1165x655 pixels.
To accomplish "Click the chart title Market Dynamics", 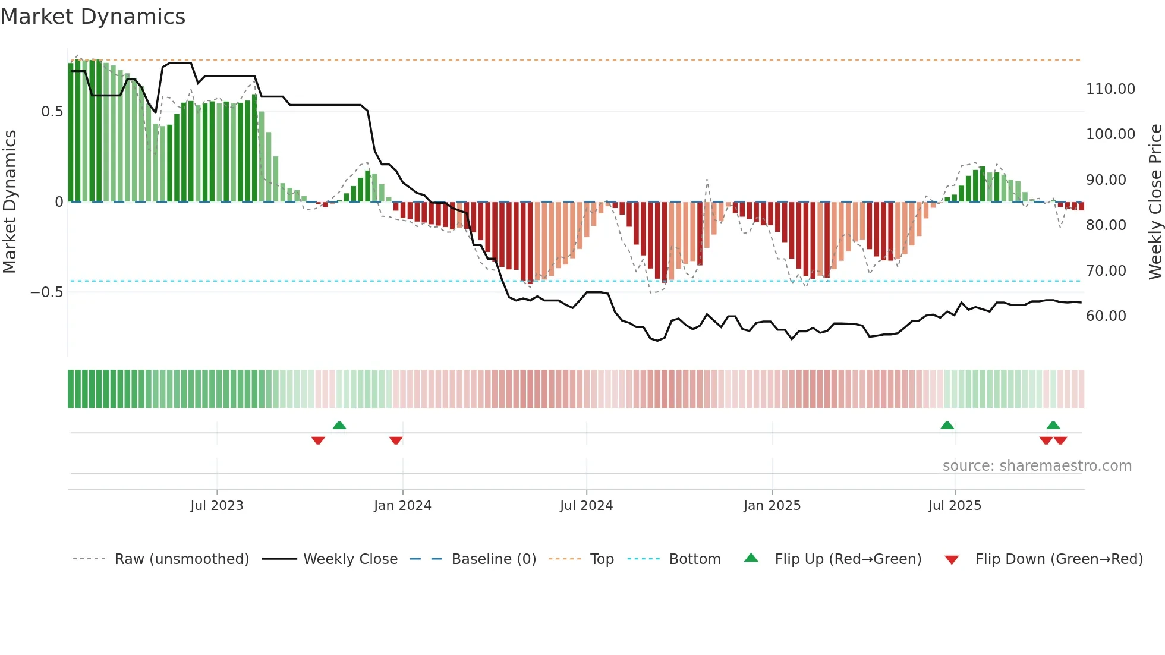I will click(93, 17).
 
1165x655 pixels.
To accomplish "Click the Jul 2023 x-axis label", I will click(216, 506).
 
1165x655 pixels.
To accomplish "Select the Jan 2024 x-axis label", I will click(402, 506).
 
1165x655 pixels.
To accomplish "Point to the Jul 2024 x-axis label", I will click(586, 506).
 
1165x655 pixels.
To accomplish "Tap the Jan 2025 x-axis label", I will click(772, 506).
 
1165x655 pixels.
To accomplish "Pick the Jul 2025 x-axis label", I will click(955, 506).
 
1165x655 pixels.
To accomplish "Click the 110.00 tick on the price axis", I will click(1110, 89).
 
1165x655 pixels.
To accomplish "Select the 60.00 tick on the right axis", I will click(1106, 316).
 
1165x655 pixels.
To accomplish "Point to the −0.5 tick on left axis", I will click(46, 292).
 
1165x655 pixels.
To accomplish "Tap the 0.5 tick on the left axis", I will click(52, 112).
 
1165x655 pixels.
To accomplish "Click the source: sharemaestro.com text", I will click(1037, 466).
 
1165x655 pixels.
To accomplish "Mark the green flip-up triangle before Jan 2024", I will click(339, 426).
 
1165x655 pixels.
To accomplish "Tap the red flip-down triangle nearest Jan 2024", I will click(396, 440).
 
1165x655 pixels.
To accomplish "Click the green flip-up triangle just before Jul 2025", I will click(947, 426).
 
